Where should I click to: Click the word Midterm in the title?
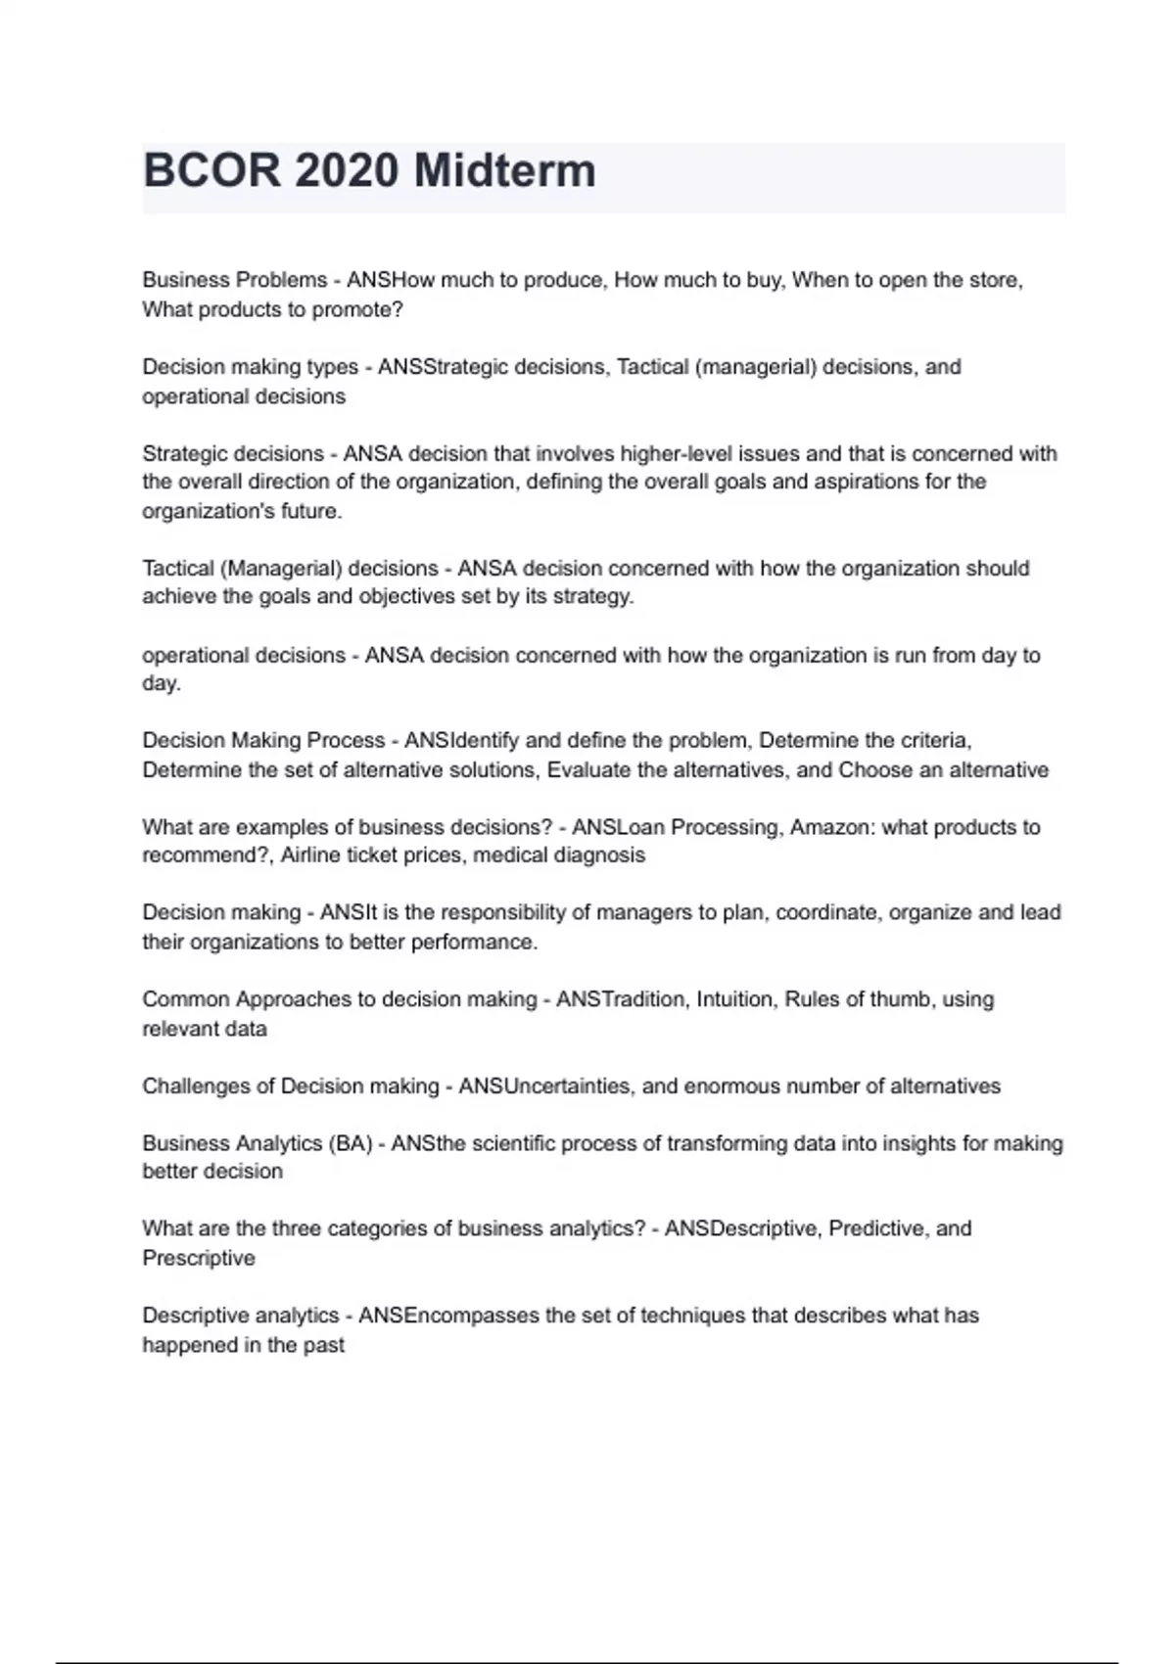point(504,171)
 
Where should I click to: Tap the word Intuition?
point(734,999)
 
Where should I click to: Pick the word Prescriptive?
point(199,1258)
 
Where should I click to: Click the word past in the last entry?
point(324,1345)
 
